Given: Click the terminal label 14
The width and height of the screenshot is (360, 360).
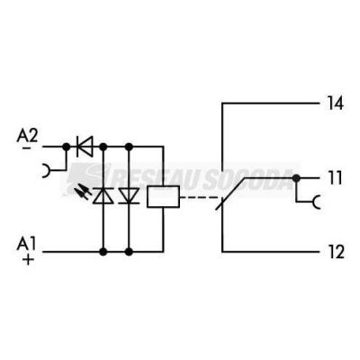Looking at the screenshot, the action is [335, 103].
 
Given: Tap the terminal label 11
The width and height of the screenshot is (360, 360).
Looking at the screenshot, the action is [335, 178].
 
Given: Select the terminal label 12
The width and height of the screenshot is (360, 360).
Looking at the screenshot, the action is [336, 252].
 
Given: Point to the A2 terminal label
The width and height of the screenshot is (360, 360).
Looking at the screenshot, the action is [27, 136].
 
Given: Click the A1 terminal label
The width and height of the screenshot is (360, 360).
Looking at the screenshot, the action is [26, 244].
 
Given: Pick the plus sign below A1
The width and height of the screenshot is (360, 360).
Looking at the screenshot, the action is [28, 260].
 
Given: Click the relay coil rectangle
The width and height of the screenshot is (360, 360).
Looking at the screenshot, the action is [164, 196].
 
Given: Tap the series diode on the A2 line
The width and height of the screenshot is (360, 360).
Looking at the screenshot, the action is [85, 147].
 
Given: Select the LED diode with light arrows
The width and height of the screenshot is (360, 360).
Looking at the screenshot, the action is [103, 196].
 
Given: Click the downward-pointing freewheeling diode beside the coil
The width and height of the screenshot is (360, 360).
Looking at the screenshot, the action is [129, 196].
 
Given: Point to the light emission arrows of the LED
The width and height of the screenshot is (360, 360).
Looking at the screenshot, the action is [83, 192].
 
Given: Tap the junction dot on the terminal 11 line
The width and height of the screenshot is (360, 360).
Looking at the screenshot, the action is [296, 178].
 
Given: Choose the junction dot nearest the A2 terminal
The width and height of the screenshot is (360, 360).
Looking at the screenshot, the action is [67, 147].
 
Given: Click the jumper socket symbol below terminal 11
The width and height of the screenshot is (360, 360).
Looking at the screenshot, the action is [315, 202].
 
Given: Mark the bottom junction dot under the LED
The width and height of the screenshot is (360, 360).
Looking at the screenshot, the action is [103, 252].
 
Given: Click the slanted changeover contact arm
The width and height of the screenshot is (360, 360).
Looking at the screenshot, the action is [231, 193].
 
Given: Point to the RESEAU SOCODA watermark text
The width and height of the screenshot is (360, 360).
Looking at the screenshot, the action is [183, 177].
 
